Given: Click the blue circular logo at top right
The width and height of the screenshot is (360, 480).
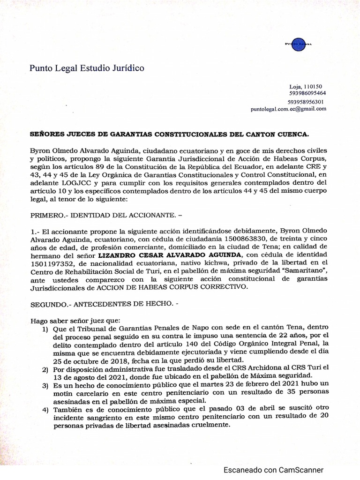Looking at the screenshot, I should click(x=298, y=44).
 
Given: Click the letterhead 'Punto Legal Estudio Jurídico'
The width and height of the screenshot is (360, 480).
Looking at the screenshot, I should click(x=87, y=68).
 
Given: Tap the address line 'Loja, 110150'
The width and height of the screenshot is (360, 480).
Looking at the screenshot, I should click(x=305, y=87).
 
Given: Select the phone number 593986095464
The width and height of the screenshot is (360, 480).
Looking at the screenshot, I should click(x=307, y=93).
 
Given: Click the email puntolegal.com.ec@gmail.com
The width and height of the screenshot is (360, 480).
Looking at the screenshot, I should click(x=288, y=109).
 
